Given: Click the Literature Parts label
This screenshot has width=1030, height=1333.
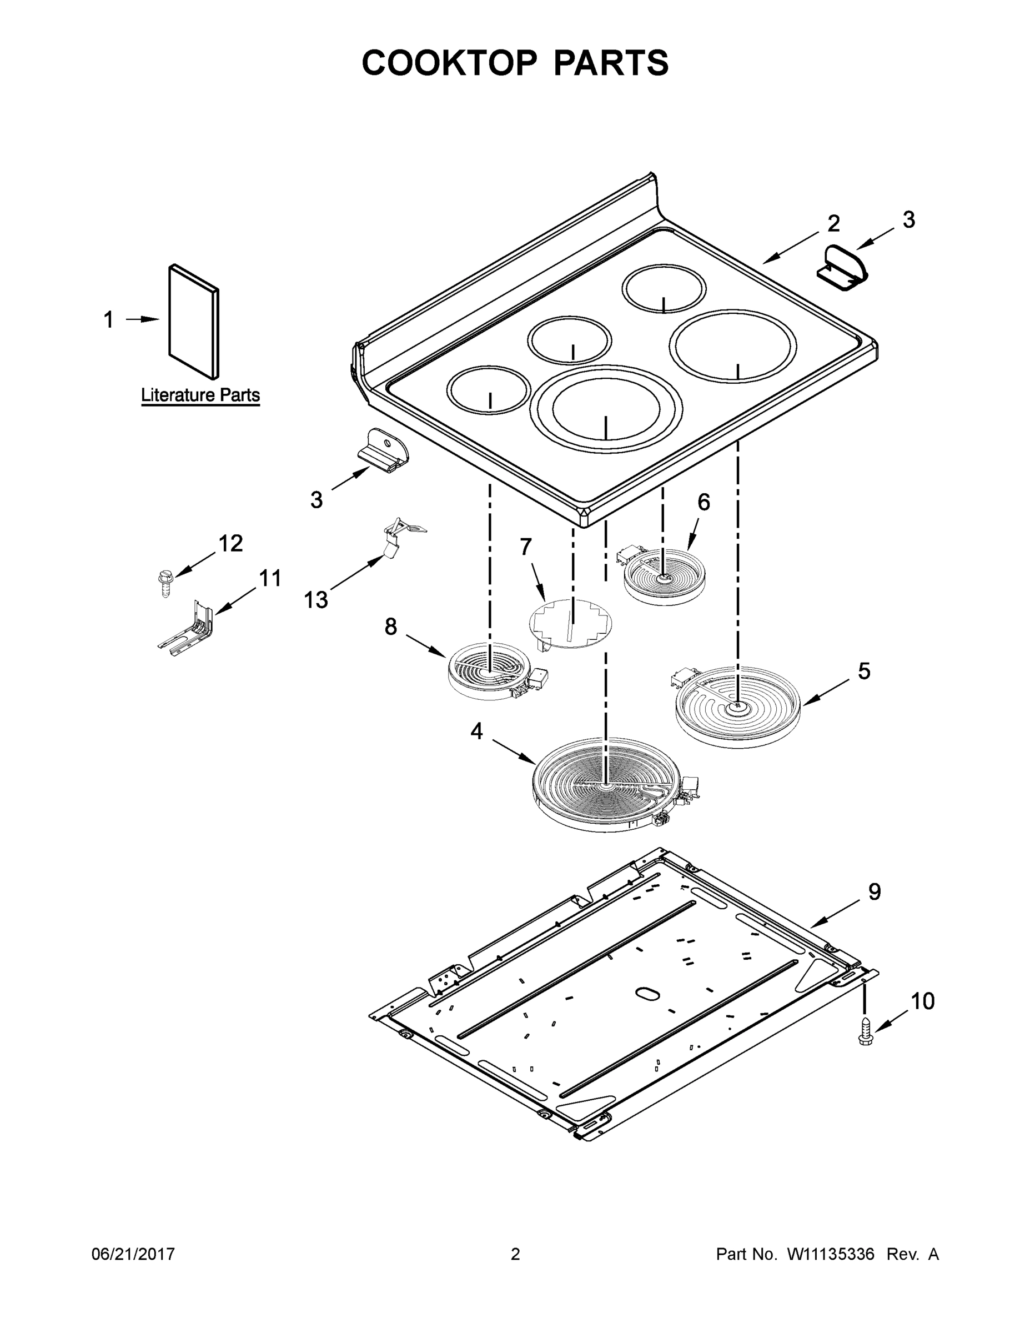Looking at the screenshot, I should [x=200, y=395].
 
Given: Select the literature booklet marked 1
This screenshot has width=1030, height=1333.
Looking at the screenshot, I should [x=193, y=322].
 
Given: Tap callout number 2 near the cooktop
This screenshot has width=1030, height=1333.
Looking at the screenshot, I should [x=833, y=223].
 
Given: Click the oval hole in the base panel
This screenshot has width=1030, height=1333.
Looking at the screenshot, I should [x=647, y=994].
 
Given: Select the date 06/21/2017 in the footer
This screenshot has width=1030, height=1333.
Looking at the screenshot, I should [x=133, y=1254].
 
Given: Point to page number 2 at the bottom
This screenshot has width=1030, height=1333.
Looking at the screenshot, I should [x=515, y=1254].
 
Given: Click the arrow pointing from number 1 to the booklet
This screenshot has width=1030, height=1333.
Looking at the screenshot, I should [x=142, y=319].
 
